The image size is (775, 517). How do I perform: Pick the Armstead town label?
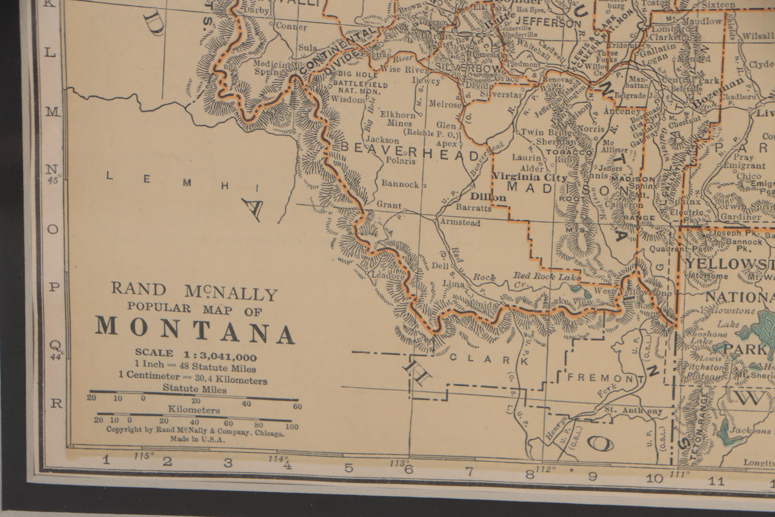point(460,223)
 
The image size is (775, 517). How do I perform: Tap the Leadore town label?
point(388,276)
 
